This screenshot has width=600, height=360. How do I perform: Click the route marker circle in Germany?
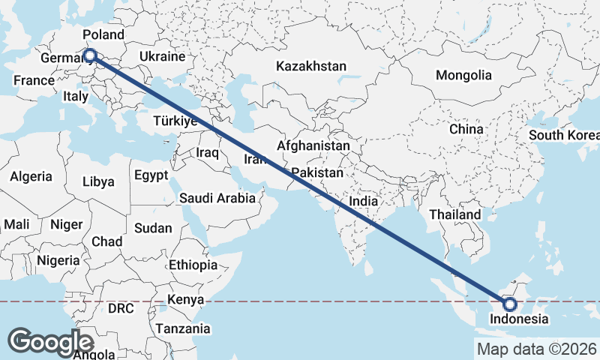pos(89,55)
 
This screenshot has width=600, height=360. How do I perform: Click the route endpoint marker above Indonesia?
pos(510,304)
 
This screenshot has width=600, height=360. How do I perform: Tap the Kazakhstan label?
pos(311,66)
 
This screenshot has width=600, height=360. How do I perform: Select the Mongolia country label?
pos(463,75)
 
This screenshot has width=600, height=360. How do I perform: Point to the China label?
pos(466,129)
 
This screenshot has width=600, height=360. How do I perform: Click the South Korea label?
pos(564,136)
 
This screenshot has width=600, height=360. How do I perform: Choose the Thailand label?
pos(455,214)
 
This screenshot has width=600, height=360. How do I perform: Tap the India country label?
pos(364,202)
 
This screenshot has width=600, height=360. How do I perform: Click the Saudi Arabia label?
pos(217,199)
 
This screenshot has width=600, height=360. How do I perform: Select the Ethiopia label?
pos(193,265)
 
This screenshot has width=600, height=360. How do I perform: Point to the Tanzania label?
pos(183,328)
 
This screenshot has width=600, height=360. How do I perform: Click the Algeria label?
pos(31,177)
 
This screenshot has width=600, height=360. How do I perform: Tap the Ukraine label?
pos(163,57)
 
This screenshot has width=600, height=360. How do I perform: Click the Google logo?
pos(52,341)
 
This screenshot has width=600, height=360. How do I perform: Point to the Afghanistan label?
pos(313,145)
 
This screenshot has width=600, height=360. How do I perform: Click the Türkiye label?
pos(174,121)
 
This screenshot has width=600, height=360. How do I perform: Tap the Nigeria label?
pos(58,261)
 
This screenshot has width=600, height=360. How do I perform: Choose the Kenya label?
pos(185,299)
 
